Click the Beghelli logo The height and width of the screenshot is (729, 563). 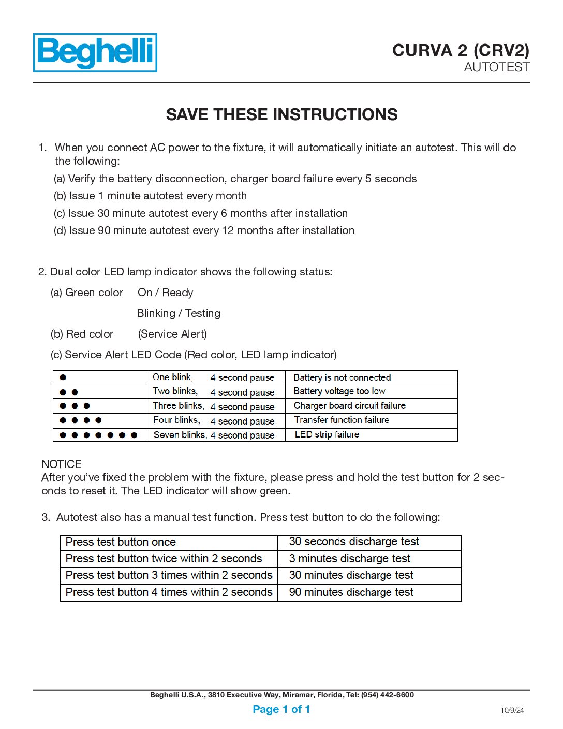click(x=95, y=53)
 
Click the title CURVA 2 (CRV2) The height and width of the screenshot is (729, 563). click(x=461, y=50)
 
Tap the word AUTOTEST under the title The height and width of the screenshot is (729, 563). click(x=496, y=67)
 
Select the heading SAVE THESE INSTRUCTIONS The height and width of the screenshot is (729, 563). click(x=281, y=114)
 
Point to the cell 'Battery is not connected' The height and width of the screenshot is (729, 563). click(x=342, y=377)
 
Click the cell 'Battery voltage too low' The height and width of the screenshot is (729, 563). click(x=339, y=391)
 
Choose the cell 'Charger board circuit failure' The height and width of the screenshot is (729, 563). click(x=349, y=405)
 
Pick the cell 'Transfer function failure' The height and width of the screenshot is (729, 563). click(x=342, y=420)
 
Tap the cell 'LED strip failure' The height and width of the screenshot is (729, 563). click(x=327, y=434)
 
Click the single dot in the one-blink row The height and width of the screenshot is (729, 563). click(x=63, y=377)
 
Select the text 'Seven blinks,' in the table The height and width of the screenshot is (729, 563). click(x=180, y=435)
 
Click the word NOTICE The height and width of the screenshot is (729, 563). click(x=62, y=464)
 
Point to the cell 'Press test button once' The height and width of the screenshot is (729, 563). click(x=121, y=542)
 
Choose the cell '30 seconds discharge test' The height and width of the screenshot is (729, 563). click(x=354, y=542)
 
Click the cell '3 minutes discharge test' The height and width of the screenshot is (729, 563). click(x=349, y=559)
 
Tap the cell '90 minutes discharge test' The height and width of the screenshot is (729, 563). click(x=351, y=592)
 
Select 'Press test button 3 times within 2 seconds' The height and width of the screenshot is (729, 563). click(x=169, y=575)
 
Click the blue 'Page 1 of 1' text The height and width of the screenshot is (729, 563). click(x=281, y=709)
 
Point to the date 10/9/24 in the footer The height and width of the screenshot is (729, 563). click(x=512, y=710)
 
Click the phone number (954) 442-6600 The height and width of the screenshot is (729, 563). click(x=388, y=695)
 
